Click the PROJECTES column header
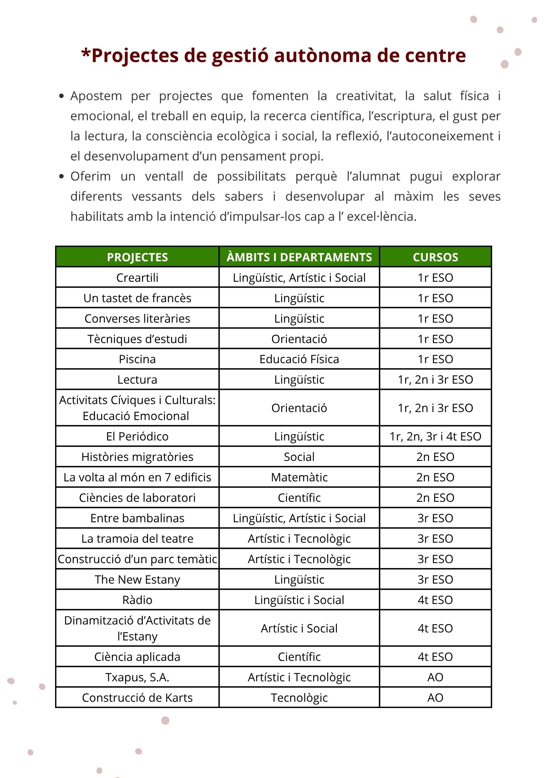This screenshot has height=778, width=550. pyautogui.click(x=137, y=257)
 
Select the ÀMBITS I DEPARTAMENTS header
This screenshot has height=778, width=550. pyautogui.click(x=299, y=257)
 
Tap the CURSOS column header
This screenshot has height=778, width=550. pyautogui.click(x=435, y=257)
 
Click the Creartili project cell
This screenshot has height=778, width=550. pyautogui.click(x=137, y=277)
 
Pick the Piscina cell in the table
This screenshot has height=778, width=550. pyautogui.click(x=137, y=359)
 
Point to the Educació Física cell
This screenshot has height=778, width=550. pyautogui.click(x=299, y=359)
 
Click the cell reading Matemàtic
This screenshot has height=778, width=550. pyautogui.click(x=299, y=477)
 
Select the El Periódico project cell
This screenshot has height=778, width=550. pyautogui.click(x=137, y=436)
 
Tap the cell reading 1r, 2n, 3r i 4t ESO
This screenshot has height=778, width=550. pyautogui.click(x=435, y=436)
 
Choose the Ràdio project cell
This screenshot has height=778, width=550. pyautogui.click(x=137, y=600)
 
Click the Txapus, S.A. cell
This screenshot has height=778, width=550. pyautogui.click(x=137, y=677)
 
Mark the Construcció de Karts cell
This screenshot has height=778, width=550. pyautogui.click(x=137, y=697)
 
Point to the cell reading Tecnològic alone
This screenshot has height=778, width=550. pyautogui.click(x=299, y=697)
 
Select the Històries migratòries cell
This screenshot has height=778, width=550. pyautogui.click(x=137, y=456)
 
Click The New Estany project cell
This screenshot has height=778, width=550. pyautogui.click(x=137, y=579)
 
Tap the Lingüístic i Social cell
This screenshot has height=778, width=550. pyautogui.click(x=299, y=600)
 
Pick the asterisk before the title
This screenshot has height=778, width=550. pyautogui.click(x=86, y=54)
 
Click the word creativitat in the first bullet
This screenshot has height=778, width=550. pyautogui.click(x=366, y=96)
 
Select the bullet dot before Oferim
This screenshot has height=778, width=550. pyautogui.click(x=62, y=176)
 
